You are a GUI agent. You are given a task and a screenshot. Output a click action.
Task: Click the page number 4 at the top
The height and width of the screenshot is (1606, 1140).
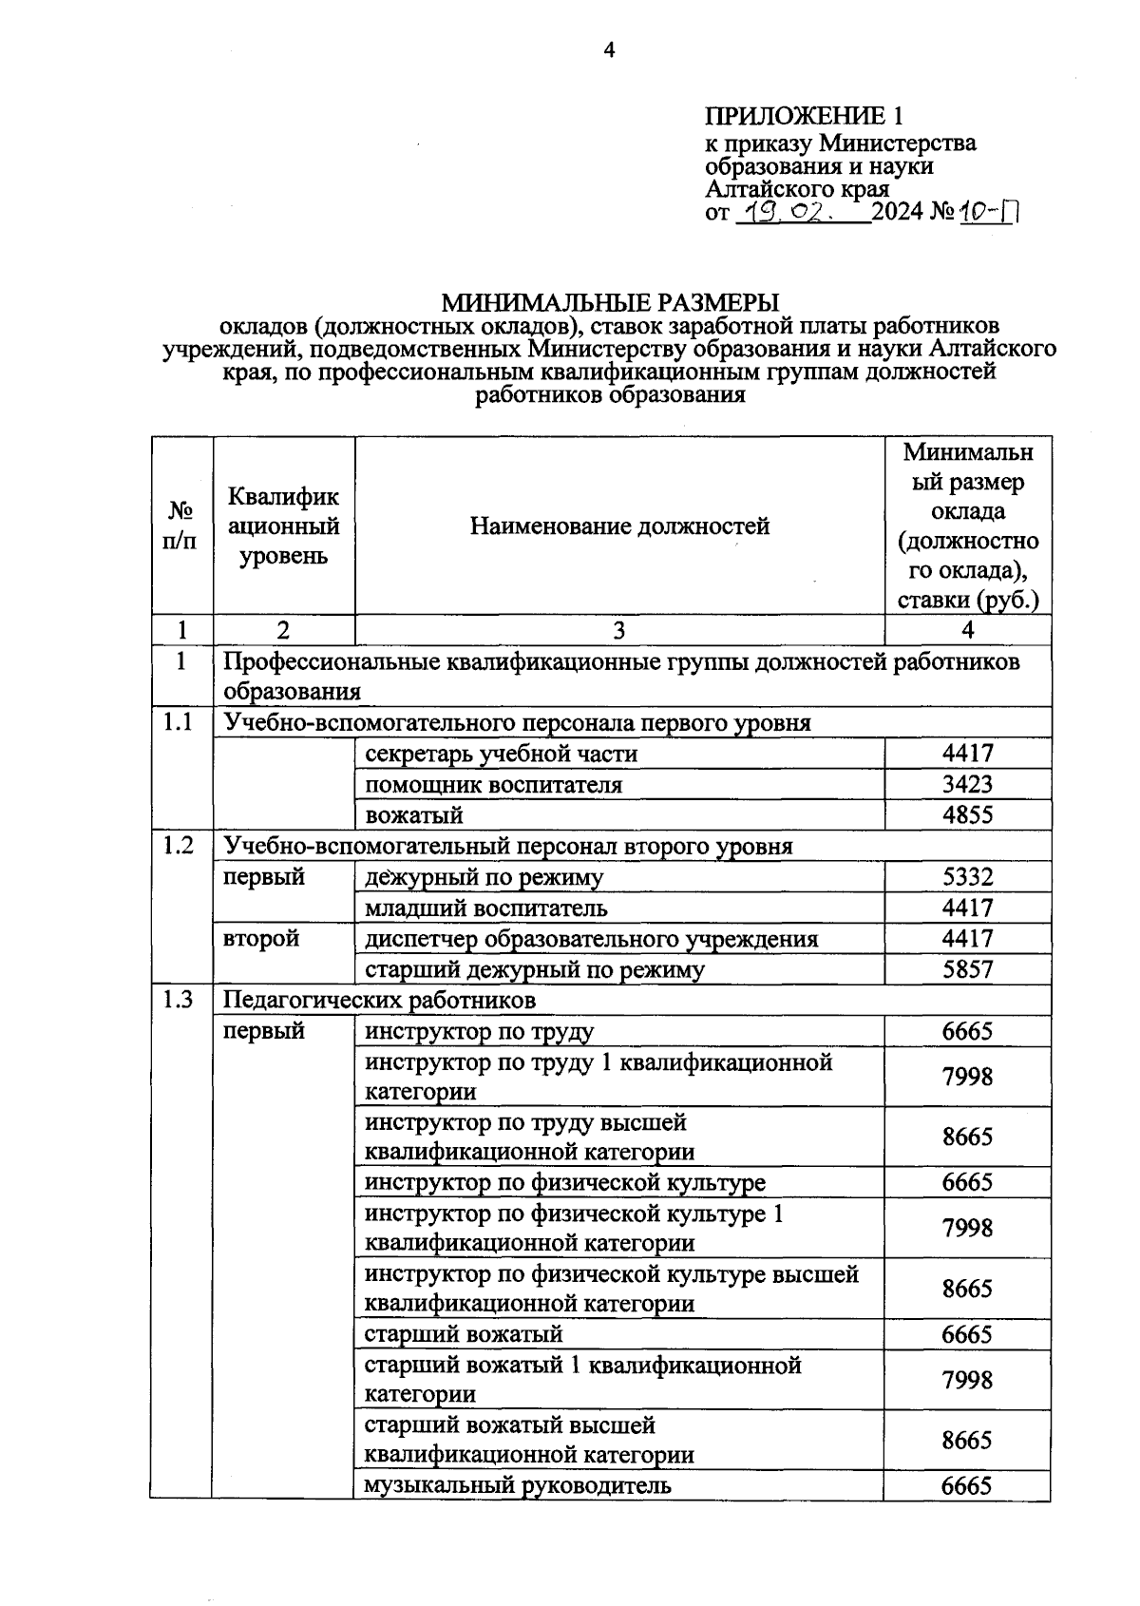(x=610, y=50)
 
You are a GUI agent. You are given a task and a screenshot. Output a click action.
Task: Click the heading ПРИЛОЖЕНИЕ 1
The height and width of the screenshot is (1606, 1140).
(x=803, y=116)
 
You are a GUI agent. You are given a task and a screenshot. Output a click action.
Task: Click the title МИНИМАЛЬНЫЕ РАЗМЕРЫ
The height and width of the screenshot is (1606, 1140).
(x=609, y=302)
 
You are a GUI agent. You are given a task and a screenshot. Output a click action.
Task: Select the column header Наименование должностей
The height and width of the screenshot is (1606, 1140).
(x=619, y=526)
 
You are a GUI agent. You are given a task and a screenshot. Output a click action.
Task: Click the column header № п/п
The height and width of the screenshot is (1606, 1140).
(x=180, y=526)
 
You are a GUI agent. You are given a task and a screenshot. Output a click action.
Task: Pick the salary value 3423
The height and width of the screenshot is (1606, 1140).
(x=967, y=785)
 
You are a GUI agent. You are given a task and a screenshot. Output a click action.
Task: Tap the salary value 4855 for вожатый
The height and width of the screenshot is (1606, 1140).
(x=967, y=815)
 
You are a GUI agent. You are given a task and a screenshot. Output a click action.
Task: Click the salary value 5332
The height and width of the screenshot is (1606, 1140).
(x=967, y=877)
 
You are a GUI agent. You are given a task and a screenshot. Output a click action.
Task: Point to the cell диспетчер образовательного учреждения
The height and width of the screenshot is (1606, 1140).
(x=591, y=939)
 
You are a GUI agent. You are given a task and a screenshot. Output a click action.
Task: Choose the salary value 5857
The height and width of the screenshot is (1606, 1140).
(x=967, y=969)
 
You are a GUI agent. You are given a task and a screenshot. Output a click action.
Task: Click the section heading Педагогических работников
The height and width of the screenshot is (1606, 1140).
(x=379, y=1000)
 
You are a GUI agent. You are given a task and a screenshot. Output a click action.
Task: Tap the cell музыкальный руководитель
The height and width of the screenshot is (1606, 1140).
(x=518, y=1484)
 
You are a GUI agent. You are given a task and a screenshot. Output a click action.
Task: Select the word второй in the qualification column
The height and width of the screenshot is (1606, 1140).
(x=260, y=939)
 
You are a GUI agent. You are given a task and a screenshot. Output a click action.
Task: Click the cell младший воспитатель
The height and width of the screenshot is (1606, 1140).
(x=485, y=908)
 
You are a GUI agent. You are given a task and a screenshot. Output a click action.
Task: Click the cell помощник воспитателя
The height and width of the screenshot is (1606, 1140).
(x=493, y=785)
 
